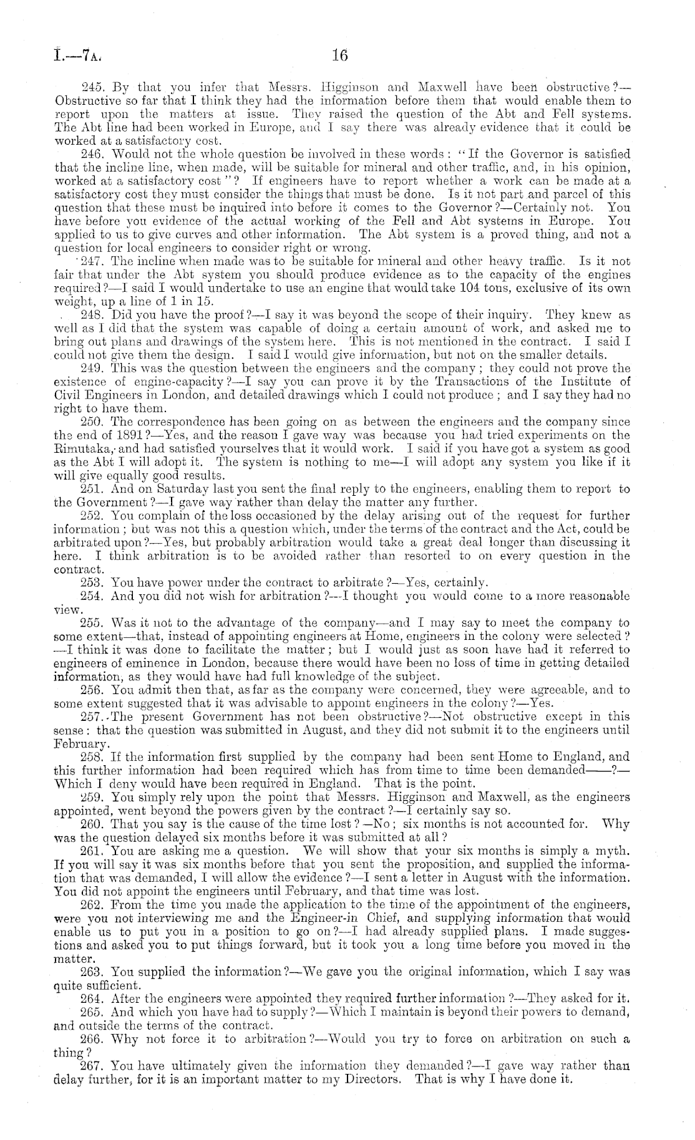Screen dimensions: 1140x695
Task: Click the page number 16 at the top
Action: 339,56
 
